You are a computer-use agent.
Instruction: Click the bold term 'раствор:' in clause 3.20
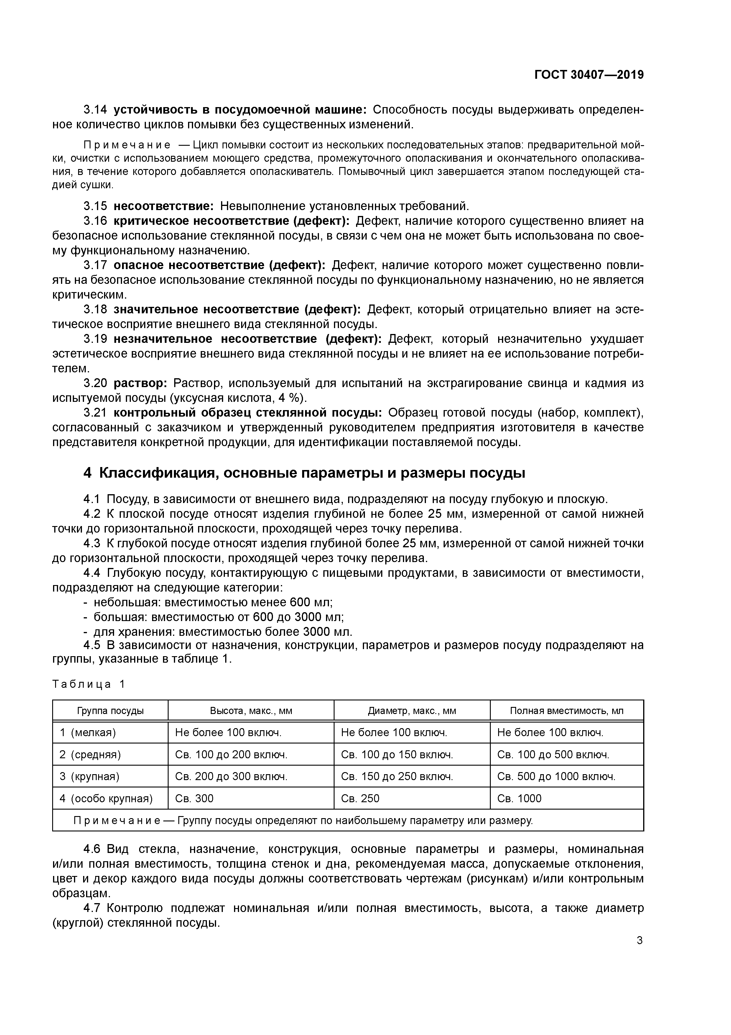tap(140, 383)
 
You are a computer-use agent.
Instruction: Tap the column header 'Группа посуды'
tap(110, 711)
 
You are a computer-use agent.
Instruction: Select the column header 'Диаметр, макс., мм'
tap(412, 711)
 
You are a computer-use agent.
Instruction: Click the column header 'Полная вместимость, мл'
tap(567, 711)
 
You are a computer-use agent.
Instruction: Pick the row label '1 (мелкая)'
tap(88, 733)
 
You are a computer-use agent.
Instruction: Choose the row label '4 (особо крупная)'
tap(106, 798)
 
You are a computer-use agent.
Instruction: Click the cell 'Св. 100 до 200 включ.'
tap(231, 755)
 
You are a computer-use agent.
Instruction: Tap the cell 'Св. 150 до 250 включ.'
tap(397, 776)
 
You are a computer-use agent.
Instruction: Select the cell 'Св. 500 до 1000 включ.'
tap(556, 776)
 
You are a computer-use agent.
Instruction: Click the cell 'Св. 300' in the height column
tap(194, 798)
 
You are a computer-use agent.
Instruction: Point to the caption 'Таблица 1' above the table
tap(88, 684)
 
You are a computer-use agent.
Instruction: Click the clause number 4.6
tap(93, 849)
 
